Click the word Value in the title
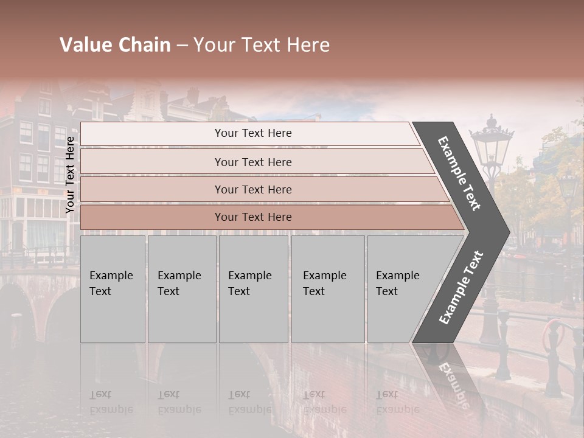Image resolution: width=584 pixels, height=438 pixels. (x=85, y=45)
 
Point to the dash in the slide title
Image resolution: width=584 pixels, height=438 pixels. (x=181, y=46)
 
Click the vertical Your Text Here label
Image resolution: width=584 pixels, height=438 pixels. (x=70, y=175)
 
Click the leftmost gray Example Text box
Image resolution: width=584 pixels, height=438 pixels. (x=113, y=289)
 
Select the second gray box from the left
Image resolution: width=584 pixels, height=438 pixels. (x=182, y=289)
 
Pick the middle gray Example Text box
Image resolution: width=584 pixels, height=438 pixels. (x=253, y=289)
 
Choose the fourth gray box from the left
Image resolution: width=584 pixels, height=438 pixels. (x=327, y=289)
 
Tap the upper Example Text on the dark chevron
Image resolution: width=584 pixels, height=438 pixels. (x=460, y=173)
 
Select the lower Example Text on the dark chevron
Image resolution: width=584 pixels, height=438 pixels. (x=461, y=288)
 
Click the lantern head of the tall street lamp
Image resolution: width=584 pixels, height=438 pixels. (x=492, y=146)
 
